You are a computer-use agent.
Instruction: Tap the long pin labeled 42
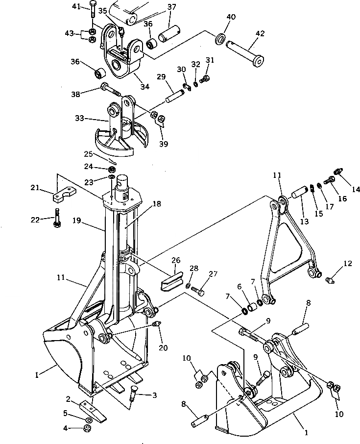coord(247,51)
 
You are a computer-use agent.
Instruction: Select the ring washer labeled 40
coord(221,38)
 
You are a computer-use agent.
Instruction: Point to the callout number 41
coord(76,6)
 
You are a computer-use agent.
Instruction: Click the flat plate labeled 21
coord(64,196)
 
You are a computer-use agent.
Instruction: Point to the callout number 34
coord(144,87)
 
